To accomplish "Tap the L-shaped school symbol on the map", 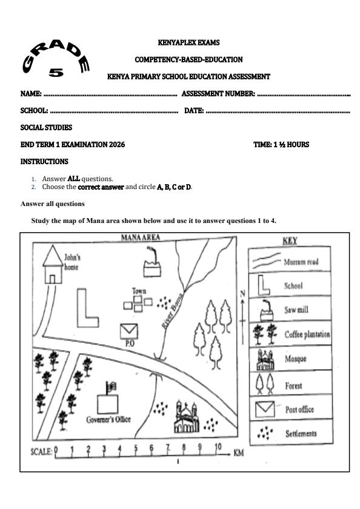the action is click(87, 308).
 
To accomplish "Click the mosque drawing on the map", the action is click(187, 417).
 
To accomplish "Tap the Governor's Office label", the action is click(108, 419).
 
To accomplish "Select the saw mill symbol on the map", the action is click(152, 265).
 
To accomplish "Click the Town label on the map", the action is click(139, 291).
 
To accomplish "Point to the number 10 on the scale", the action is click(217, 449).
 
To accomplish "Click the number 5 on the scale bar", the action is click(135, 450).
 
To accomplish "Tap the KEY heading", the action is click(290, 241).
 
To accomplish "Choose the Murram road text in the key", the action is click(301, 262).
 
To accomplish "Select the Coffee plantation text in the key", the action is click(307, 334).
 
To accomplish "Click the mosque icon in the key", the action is click(265, 359).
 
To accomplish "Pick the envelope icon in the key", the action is click(265, 409).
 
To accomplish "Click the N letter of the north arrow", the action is click(243, 293).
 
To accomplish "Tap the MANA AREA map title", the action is click(141, 238).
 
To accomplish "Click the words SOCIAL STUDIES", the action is click(46, 128).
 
